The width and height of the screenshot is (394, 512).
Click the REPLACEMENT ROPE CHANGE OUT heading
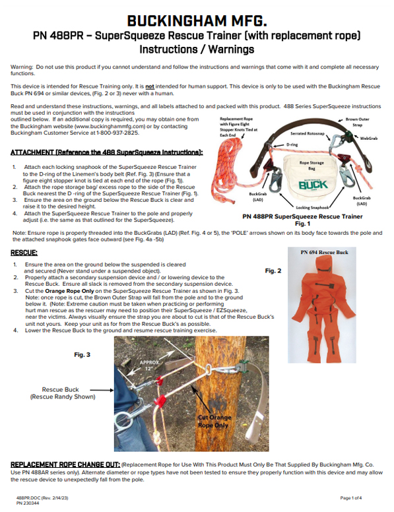(x=66, y=464)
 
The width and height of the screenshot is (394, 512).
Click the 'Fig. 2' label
(x=273, y=271)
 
